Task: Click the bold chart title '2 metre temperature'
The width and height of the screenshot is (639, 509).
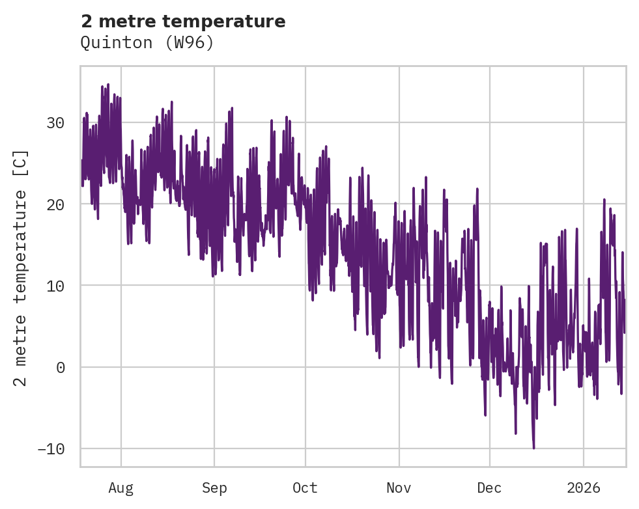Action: [x=183, y=21]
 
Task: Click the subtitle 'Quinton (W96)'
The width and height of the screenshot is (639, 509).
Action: [x=147, y=43]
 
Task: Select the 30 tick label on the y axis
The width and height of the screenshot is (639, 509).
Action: [x=55, y=123]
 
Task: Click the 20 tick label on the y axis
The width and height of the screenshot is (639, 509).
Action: [x=55, y=204]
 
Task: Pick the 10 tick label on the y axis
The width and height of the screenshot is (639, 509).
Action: [x=55, y=286]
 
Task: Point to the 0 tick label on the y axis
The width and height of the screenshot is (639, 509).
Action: [x=60, y=368]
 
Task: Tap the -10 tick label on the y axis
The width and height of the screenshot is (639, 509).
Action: [x=51, y=449]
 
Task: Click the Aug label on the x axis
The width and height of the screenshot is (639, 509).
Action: [x=121, y=488]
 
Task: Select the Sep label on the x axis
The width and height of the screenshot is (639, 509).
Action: [x=214, y=488]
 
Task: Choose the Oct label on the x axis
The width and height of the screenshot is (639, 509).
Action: [x=305, y=488]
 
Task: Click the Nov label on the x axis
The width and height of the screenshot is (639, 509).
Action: [x=399, y=488]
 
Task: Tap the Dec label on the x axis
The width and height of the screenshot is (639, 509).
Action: [x=489, y=488]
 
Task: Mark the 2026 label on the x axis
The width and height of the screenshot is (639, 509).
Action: [x=584, y=488]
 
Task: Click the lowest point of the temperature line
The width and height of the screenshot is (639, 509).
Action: [x=533, y=448]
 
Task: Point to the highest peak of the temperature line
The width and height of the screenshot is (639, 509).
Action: [x=108, y=85]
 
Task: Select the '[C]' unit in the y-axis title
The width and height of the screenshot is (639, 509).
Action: [x=21, y=161]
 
